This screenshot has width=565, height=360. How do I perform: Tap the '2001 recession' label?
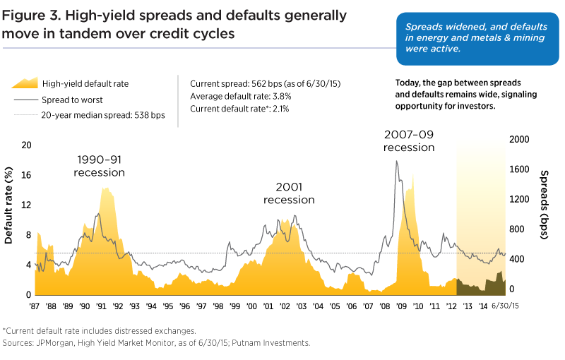click(x=289, y=193)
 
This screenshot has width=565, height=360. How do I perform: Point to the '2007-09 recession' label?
click(x=409, y=140)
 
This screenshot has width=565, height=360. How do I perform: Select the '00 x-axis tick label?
click(x=251, y=307)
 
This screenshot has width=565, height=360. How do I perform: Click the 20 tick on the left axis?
click(x=26, y=145)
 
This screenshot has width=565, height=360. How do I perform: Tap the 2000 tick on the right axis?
click(x=519, y=140)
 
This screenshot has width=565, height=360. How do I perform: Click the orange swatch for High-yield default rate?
click(x=24, y=83)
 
